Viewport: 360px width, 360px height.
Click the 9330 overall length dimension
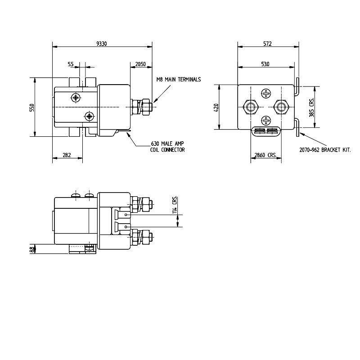click(x=102, y=44)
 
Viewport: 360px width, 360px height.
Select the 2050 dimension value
click(x=140, y=65)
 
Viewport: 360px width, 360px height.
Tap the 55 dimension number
click(x=71, y=65)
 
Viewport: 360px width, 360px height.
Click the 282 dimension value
click(x=66, y=155)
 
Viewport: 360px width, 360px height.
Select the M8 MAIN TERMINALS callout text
click(x=178, y=79)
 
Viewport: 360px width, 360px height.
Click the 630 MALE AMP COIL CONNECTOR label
click(x=167, y=147)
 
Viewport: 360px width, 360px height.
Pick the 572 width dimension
click(x=268, y=44)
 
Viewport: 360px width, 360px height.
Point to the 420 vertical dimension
click(x=216, y=108)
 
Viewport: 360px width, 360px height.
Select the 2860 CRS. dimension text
click(x=265, y=155)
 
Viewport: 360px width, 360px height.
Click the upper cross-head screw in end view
click(x=266, y=94)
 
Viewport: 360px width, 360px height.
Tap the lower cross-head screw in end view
click(x=266, y=120)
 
